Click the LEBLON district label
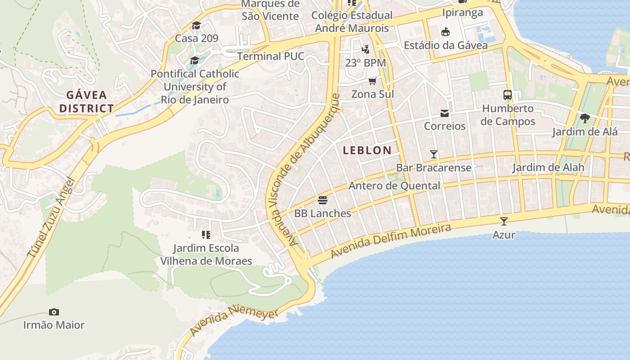[x=367, y=150]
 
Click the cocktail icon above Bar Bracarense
[x=434, y=154]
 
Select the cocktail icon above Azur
[x=504, y=221]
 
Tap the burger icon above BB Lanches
[x=323, y=200]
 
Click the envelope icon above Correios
[x=445, y=113]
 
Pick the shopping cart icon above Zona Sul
[x=372, y=81]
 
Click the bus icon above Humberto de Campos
[x=508, y=95]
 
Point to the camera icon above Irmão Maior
[x=54, y=312]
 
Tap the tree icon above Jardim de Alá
[x=585, y=118]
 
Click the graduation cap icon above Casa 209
[x=196, y=25]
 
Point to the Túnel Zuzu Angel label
[x=50, y=218]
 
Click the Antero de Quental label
[x=395, y=185]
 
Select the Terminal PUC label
[x=270, y=56]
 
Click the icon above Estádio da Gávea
[x=445, y=31]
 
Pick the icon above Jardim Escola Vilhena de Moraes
[x=206, y=234]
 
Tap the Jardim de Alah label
[x=548, y=168]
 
